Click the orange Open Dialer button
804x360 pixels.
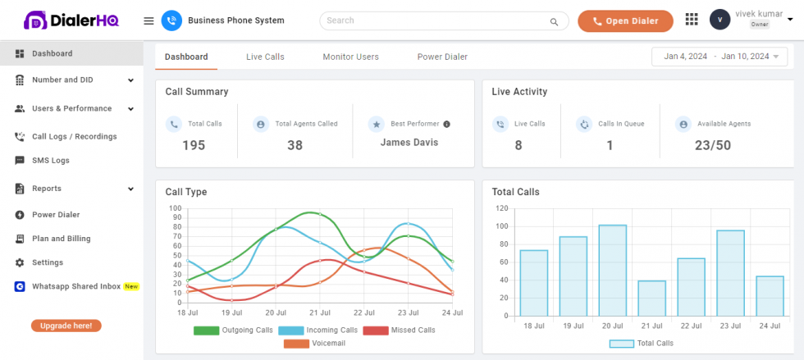click(x=625, y=21)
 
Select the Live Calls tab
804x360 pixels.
click(x=265, y=57)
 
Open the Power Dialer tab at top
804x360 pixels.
click(x=442, y=57)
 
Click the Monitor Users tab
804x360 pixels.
click(x=350, y=57)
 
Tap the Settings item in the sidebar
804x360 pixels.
click(x=47, y=262)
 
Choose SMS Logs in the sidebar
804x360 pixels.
click(x=50, y=161)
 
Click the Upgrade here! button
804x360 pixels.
click(x=66, y=326)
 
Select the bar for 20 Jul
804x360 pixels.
click(x=613, y=271)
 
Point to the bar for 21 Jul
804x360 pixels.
click(x=652, y=298)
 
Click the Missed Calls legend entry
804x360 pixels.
click(x=400, y=330)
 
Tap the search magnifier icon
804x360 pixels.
click(x=555, y=21)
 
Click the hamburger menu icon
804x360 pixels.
click(x=148, y=21)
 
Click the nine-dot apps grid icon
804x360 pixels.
click(x=691, y=20)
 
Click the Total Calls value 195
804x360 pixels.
click(x=194, y=145)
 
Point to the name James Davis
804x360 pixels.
click(x=409, y=143)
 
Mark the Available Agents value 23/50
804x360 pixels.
click(x=712, y=145)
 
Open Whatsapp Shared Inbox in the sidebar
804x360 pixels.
click(x=75, y=286)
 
